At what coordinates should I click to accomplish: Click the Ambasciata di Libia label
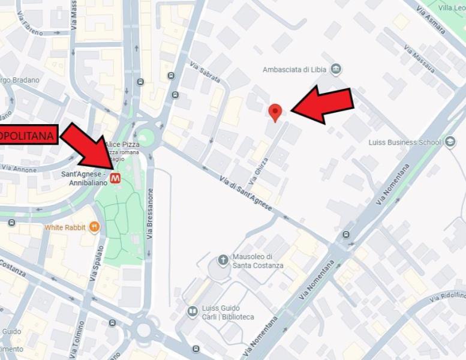(x=294, y=70)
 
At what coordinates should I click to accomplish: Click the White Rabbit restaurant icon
(x=94, y=227)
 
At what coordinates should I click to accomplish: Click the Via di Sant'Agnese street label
(x=246, y=194)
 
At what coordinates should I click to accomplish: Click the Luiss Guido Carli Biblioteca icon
(x=193, y=311)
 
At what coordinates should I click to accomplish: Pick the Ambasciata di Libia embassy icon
(x=336, y=69)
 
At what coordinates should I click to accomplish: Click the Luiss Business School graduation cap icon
(x=450, y=142)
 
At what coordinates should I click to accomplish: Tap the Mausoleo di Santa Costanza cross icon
(x=223, y=260)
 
